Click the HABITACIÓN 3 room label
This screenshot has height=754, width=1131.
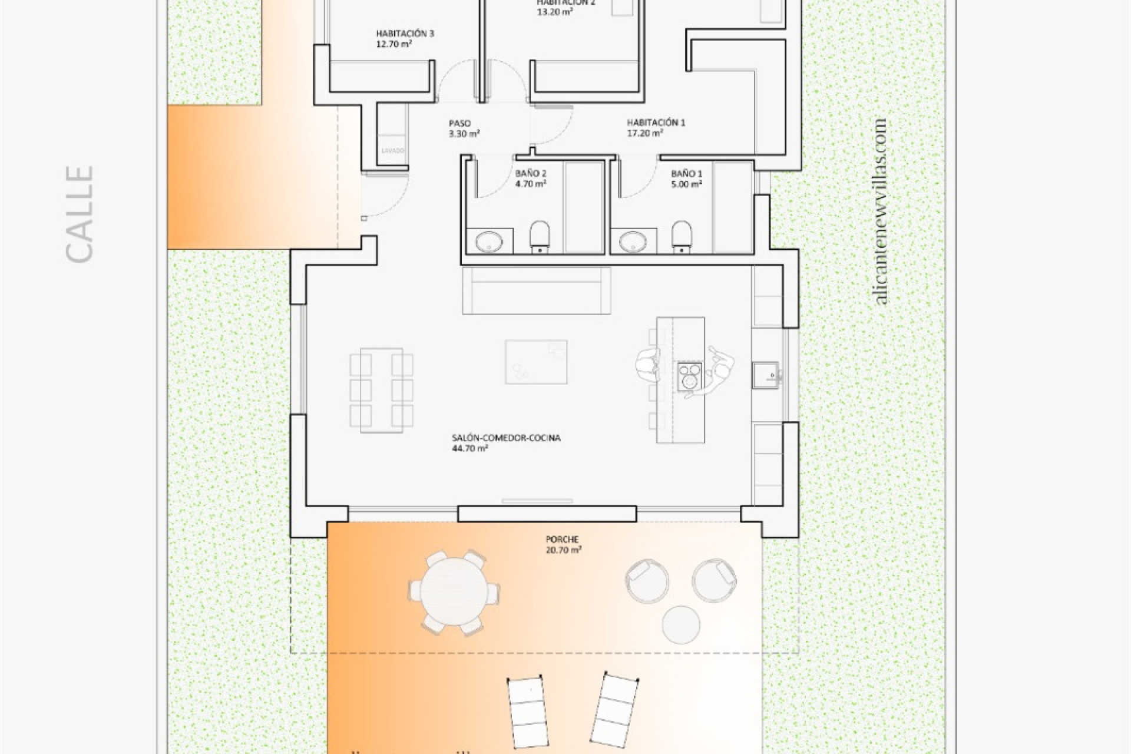coord(405,38)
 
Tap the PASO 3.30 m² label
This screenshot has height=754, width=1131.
coord(464,128)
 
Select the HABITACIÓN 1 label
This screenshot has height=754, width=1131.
coord(656,128)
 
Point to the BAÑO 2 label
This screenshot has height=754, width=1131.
coord(530,178)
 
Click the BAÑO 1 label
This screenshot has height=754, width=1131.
coord(686,178)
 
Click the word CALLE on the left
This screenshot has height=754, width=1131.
coord(80,213)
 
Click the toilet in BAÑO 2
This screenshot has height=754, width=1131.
coord(540,236)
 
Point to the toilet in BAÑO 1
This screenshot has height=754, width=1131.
coord(682,236)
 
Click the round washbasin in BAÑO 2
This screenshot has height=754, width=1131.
coord(490,241)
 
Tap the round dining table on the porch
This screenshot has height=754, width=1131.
coord(454,593)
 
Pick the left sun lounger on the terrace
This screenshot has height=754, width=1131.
coord(528,711)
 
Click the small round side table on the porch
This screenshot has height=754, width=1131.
coord(681,624)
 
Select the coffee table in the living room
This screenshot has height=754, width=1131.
coord(536,362)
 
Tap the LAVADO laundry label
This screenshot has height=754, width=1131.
coord(393,151)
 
